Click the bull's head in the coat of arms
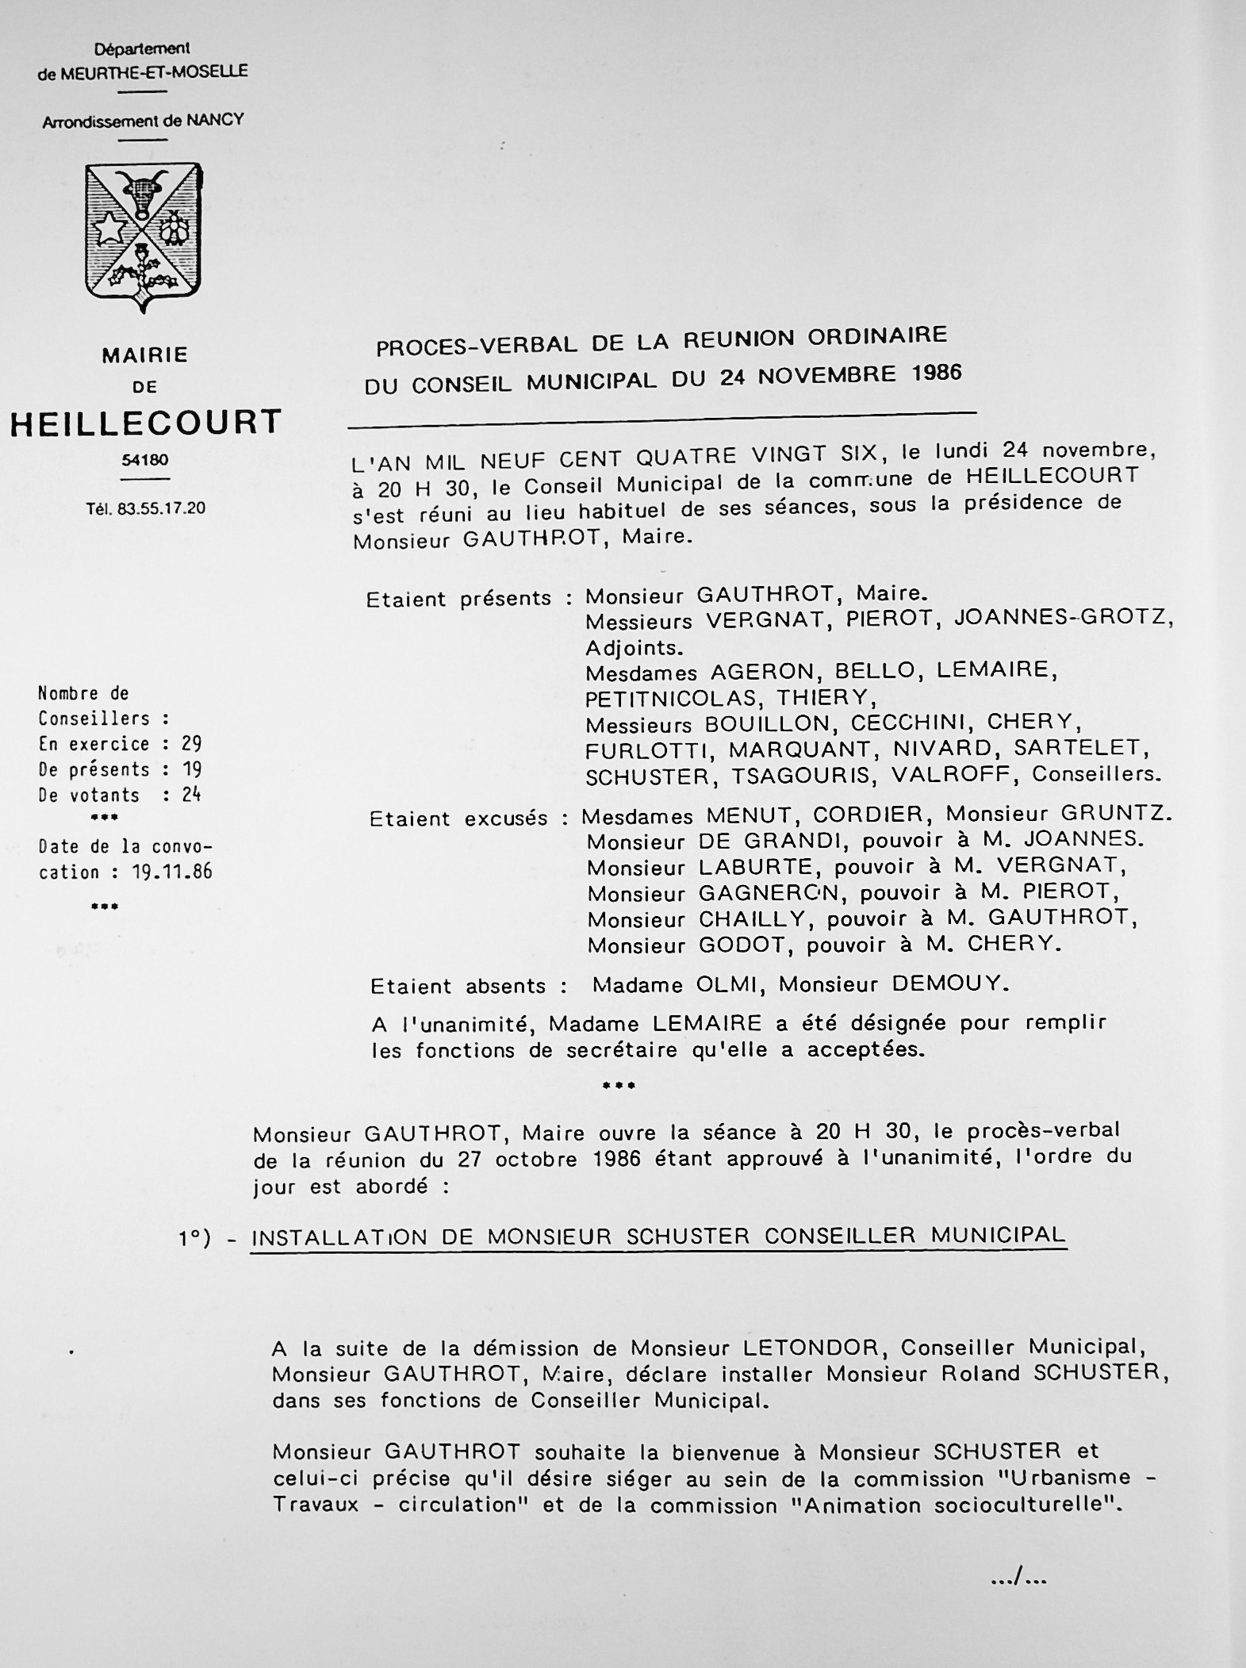144,191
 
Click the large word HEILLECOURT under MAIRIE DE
145,423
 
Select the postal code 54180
145,460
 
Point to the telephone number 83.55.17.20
162,508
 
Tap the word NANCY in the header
215,121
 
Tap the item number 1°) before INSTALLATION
195,1239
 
